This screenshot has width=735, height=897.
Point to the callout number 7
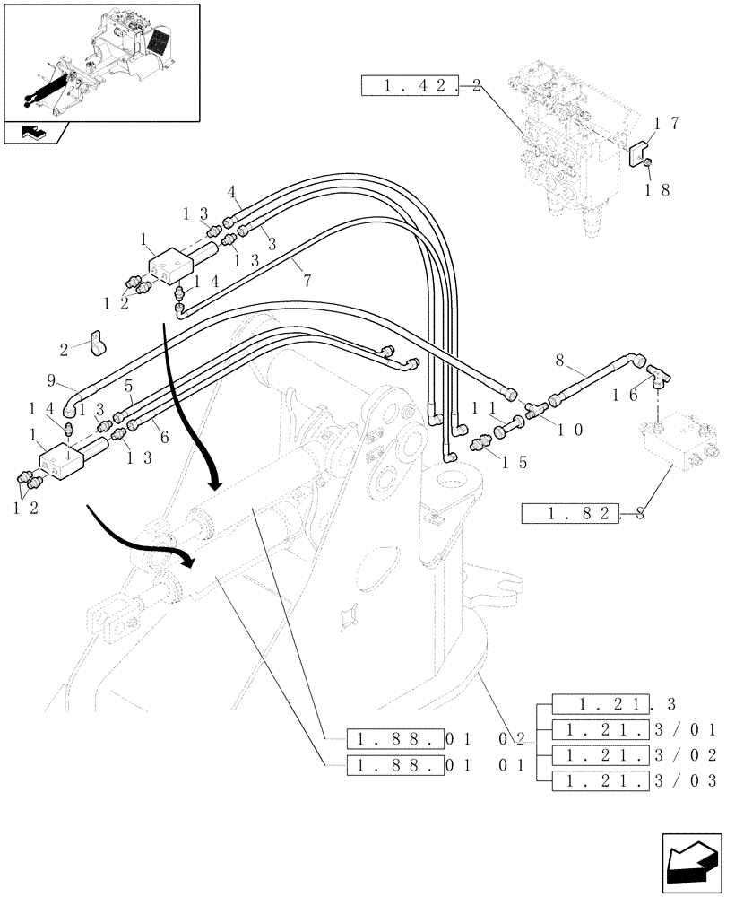click(307, 281)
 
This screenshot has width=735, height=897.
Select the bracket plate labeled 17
click(638, 152)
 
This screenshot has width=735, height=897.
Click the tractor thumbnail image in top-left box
click(100, 61)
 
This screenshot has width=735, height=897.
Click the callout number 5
click(129, 386)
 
